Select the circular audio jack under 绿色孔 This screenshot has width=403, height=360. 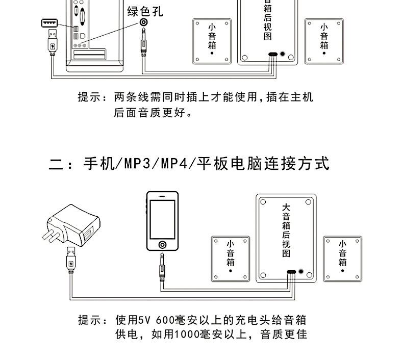coord(145,23)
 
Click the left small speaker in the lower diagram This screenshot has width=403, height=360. coord(231,258)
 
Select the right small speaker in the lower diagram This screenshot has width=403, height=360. coord(342,258)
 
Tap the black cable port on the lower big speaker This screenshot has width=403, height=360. coord(291,271)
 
